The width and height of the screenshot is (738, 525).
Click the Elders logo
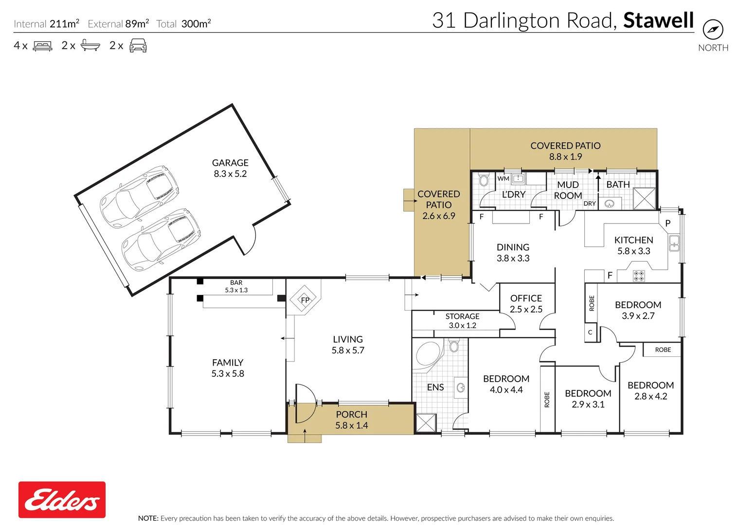coord(62,500)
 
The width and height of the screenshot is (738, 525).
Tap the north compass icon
coord(713,29)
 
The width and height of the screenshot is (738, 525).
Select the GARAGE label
coord(230,162)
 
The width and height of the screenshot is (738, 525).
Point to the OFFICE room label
coord(526,298)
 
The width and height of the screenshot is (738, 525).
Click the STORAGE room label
coord(462,316)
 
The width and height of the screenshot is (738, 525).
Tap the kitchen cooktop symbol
coord(639,276)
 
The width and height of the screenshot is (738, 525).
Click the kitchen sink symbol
coord(674,243)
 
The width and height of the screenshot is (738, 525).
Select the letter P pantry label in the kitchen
coord(668,223)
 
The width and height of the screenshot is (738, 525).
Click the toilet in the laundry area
coord(484,180)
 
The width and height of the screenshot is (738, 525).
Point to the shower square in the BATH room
coord(645,198)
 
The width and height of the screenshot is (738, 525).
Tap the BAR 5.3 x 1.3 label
coord(236,286)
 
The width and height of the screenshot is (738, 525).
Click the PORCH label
coord(352,414)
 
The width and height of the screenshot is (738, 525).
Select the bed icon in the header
coord(42,46)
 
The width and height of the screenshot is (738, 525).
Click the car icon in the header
coord(138,45)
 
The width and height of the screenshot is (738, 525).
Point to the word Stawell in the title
coord(659,20)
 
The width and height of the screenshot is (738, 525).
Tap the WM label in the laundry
coord(503,178)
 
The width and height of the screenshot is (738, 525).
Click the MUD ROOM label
coord(568,190)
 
